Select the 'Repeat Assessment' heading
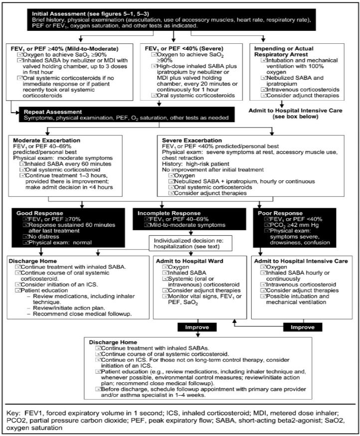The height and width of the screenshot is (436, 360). [53, 112]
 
